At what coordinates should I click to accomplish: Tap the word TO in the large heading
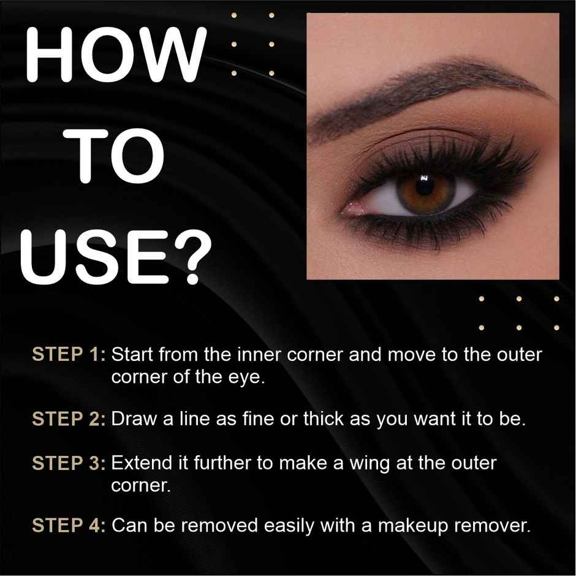click(116, 154)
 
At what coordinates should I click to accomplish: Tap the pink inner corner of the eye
click(354, 209)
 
